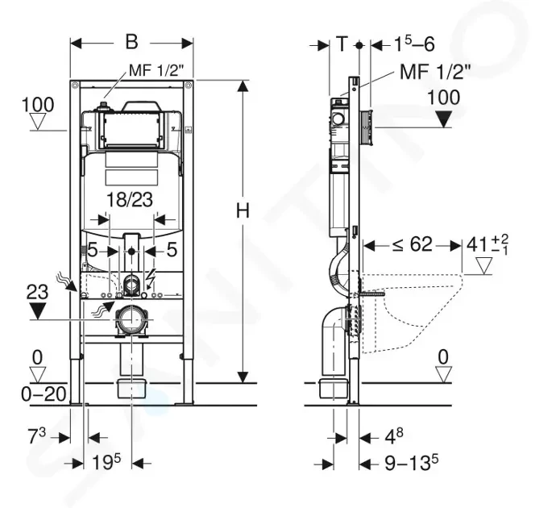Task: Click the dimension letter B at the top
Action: tap(131, 42)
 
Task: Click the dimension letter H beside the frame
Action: tap(243, 210)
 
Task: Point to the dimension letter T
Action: tap(342, 44)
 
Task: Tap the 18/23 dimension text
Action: tap(130, 200)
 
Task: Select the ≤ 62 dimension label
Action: tap(413, 244)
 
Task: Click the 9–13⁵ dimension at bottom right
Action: tap(411, 462)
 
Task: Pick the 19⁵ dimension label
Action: tap(106, 463)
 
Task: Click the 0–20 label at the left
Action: tap(44, 393)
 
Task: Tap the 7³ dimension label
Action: tap(37, 436)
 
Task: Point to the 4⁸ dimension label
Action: tap(394, 436)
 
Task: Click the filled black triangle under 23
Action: tap(38, 311)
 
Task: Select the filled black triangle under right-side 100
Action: tap(443, 119)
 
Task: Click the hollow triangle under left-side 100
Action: tap(37, 122)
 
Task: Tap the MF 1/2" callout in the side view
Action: tap(435, 72)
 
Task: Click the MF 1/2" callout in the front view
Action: tap(156, 70)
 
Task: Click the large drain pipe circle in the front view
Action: tap(131, 319)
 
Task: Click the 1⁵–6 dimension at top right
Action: tap(414, 44)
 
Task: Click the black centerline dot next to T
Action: tap(359, 45)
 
